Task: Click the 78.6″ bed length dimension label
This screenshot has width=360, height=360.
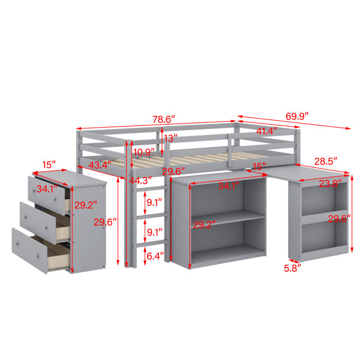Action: click(164, 119)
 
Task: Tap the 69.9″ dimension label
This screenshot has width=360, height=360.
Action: click(297, 116)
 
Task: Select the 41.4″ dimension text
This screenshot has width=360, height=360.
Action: click(266, 131)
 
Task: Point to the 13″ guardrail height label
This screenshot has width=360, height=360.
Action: click(170, 138)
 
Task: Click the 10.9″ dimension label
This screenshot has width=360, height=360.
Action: click(145, 152)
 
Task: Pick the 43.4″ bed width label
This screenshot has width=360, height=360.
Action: click(100, 165)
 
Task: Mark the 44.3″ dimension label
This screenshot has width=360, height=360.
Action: click(140, 181)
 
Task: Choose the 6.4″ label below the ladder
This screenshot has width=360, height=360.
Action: click(155, 256)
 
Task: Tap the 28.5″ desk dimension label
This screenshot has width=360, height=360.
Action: click(326, 161)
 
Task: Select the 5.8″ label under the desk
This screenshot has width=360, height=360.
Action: click(292, 268)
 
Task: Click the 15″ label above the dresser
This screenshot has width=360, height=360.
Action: click(49, 164)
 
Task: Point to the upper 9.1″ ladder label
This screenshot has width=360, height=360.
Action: click(154, 202)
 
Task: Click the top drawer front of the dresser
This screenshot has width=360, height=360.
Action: click(47, 196)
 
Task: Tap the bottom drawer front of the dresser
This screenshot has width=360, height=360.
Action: click(29, 251)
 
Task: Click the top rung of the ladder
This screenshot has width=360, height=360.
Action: click(151, 189)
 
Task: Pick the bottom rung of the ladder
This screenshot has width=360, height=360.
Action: click(151, 244)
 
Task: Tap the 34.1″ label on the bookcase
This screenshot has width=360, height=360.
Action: click(229, 185)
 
